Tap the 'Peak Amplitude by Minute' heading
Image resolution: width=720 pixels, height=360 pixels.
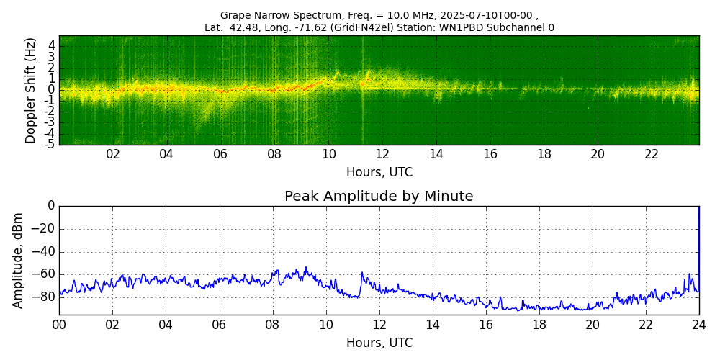pos(379,197)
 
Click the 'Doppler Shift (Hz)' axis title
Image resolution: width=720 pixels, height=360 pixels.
pos(31,91)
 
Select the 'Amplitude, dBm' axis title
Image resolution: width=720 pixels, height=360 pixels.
pos(19,260)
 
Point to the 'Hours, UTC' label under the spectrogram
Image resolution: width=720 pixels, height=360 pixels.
pos(379,173)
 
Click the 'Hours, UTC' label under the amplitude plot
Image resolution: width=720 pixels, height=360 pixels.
pos(379,343)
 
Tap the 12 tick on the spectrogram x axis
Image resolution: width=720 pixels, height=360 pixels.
pos(382,155)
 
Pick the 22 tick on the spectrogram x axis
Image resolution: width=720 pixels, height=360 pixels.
pos(652,155)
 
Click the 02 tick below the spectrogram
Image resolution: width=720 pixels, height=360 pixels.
pos(113,155)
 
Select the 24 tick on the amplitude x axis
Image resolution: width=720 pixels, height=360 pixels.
pos(698,325)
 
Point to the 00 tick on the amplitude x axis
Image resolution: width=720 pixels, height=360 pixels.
pos(59,325)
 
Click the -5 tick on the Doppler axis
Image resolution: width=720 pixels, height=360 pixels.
pos(50,144)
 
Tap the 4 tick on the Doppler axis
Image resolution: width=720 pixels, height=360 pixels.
pos(52,45)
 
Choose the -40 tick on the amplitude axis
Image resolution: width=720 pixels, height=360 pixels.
pos(44,251)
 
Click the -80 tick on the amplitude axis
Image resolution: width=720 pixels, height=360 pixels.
pos(44,297)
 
